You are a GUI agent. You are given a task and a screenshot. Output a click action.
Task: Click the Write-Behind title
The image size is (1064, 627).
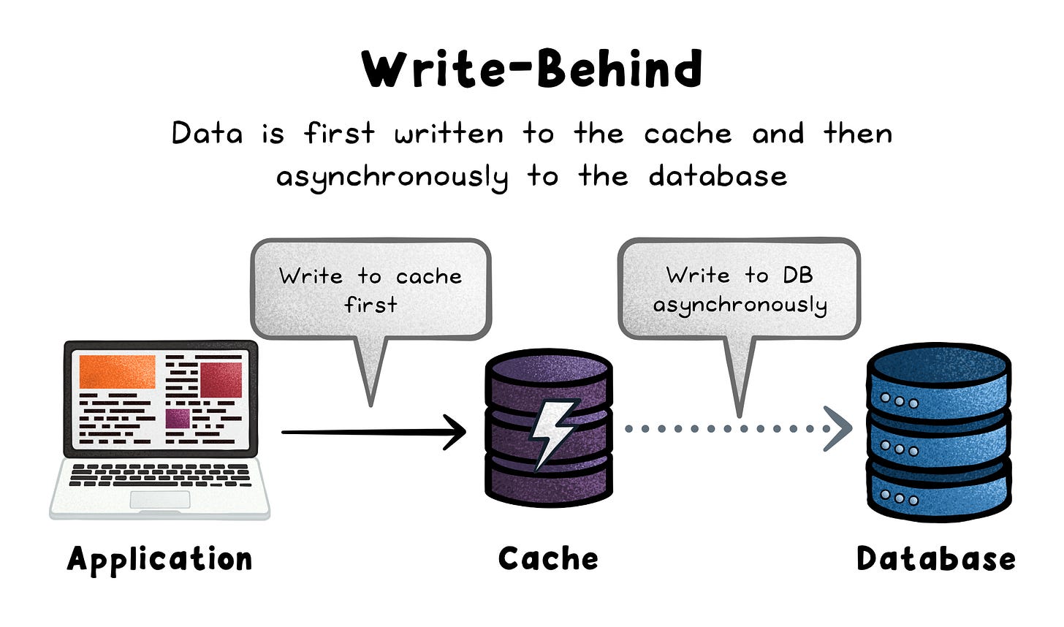pos(532,69)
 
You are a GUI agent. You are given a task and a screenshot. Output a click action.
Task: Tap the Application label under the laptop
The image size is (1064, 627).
pos(159,559)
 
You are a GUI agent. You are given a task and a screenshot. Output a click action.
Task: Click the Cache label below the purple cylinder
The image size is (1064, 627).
pos(548,559)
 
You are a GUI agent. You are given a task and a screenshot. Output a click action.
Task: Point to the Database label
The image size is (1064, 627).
pos(935,559)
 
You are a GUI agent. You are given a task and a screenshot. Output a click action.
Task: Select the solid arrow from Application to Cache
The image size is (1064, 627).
pos(373,432)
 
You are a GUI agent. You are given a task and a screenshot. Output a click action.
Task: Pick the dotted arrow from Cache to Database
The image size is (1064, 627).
pos(738,429)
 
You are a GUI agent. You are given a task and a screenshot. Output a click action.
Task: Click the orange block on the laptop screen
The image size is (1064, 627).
pos(117,371)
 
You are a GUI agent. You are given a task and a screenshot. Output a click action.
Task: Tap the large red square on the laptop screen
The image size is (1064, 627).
pos(221,379)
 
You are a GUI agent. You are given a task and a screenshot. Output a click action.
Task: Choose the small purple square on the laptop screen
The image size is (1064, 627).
pos(178,419)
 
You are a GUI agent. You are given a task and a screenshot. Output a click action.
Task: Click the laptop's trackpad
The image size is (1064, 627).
pos(160,500)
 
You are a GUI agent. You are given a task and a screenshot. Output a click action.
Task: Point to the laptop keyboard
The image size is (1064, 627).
pos(159,474)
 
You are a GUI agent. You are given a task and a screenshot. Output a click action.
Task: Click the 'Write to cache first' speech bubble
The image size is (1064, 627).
pos(370,289)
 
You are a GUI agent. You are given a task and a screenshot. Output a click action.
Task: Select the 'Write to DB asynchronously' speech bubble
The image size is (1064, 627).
pos(739,289)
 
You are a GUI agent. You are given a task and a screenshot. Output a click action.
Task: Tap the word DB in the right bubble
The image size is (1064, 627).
pos(797,275)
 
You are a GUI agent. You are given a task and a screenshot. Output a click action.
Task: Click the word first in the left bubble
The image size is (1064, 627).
pos(370,304)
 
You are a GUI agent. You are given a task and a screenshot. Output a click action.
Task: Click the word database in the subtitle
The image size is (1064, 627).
pos(718,176)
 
